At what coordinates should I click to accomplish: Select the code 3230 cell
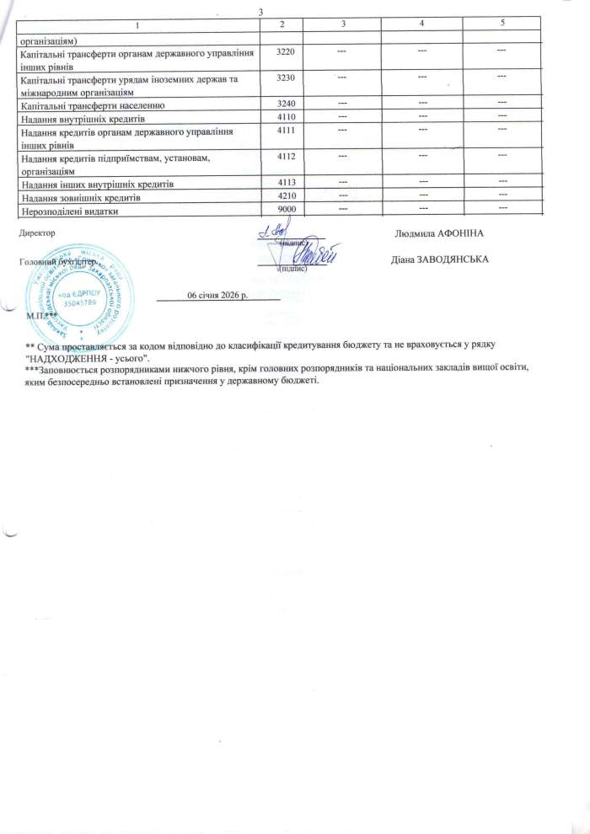pos(286,78)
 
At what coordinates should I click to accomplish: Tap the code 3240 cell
pos(286,105)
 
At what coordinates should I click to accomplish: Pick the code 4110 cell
pos(286,117)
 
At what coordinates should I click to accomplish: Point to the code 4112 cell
pos(286,156)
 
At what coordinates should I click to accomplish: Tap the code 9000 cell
pos(286,211)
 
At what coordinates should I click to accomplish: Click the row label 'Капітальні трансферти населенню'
pos(97,105)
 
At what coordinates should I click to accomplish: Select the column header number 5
pos(502,22)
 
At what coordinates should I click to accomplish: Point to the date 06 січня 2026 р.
pos(217,295)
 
